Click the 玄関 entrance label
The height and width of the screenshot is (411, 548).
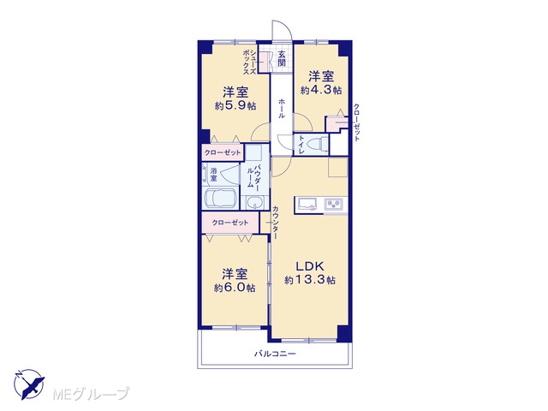pos(282,58)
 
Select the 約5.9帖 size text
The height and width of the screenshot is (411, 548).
pos(235,105)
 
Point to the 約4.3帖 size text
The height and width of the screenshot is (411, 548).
pos(321,90)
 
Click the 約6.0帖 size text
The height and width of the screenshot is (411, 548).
pos(235,288)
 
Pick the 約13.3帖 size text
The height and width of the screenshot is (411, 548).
pos(310,280)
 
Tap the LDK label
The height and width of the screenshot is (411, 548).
pos(310,266)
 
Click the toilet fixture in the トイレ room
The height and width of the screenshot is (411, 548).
pos(319,144)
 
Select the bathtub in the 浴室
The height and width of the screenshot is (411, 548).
pos(221,199)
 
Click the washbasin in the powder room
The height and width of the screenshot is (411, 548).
pos(256,202)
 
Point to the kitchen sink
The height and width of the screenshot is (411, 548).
pos(307,204)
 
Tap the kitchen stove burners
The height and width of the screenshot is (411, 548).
pos(335,204)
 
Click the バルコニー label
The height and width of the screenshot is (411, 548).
pos(275,354)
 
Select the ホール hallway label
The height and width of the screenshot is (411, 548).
pos(282,109)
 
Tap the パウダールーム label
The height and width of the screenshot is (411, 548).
pos(253,176)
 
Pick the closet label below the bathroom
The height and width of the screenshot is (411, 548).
pos(230,223)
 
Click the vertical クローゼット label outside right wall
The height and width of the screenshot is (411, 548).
pos(356,122)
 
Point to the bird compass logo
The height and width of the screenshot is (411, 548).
pos(29,384)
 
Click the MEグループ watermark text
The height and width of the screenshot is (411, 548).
pos(91,394)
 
